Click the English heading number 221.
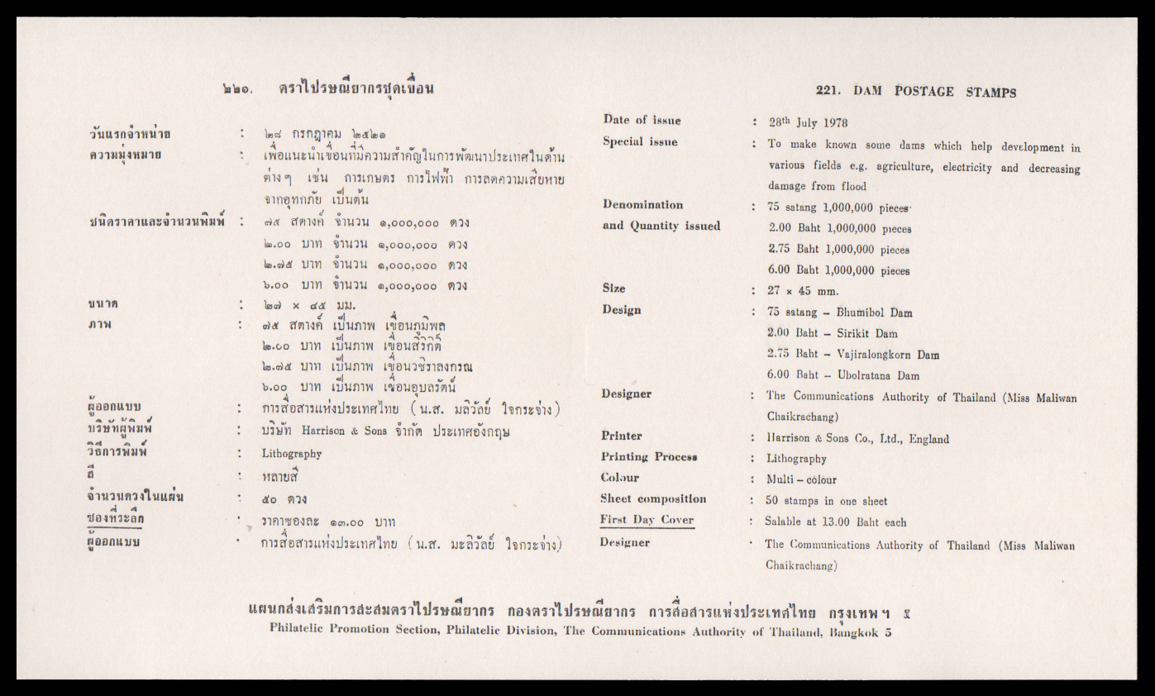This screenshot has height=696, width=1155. pos(828,93)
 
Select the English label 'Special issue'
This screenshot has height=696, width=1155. pos(640,142)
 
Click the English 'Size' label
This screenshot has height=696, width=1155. pos(614,288)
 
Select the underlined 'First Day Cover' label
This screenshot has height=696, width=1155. pos(647,521)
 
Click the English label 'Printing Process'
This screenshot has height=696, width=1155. pos(650,457)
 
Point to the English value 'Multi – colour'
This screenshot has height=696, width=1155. pos(801,479)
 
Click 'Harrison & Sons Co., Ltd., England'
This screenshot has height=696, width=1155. pos(857,439)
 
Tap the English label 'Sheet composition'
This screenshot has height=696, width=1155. pos(653,499)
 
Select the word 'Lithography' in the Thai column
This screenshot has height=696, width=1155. pos(292,454)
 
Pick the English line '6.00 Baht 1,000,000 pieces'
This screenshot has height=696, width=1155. pos(838,270)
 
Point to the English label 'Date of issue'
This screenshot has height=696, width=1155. pos(642,121)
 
